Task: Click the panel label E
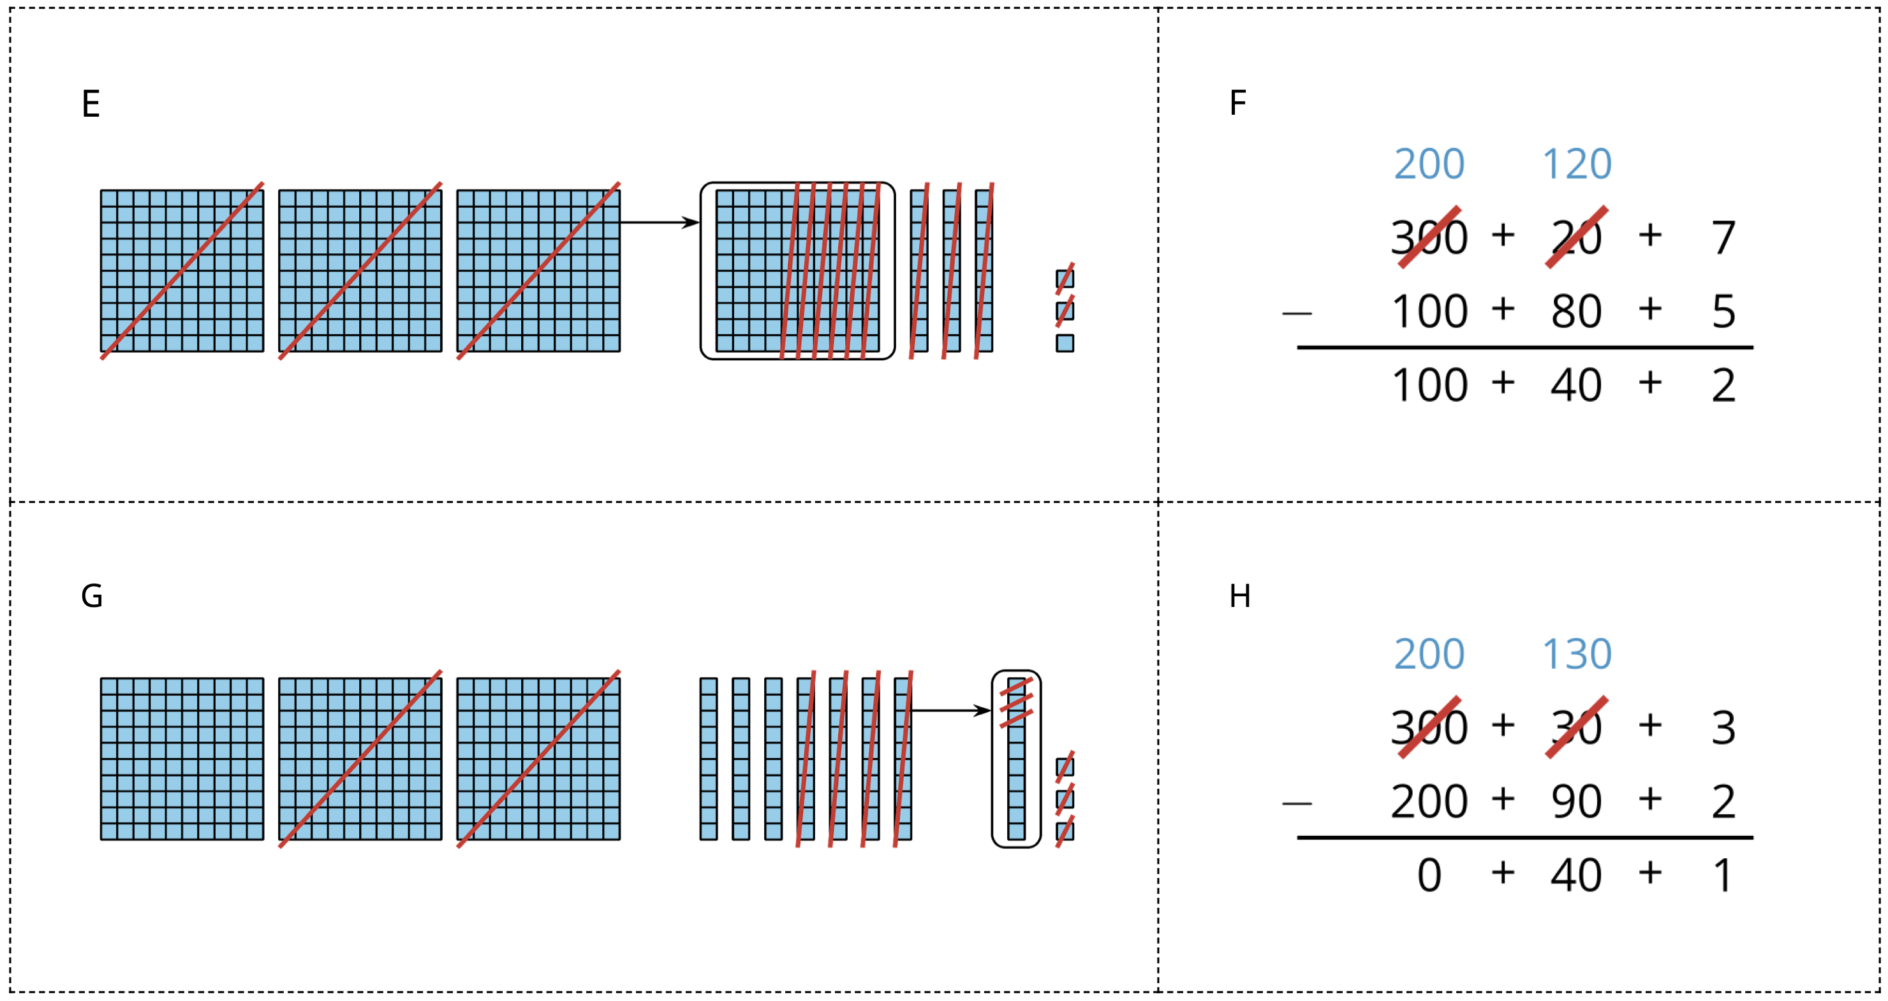(x=90, y=103)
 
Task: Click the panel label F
(x=1237, y=103)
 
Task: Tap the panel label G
(x=92, y=595)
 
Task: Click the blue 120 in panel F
(x=1577, y=163)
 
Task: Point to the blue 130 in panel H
(x=1577, y=654)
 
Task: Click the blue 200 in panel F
(x=1429, y=163)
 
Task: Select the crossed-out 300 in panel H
(x=1429, y=727)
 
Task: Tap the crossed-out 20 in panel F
(x=1577, y=237)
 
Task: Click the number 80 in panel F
(x=1577, y=311)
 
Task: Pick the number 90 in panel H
(x=1577, y=801)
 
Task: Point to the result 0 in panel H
(x=1429, y=875)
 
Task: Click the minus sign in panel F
(x=1297, y=314)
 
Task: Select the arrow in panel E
(x=659, y=222)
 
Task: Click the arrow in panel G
(x=950, y=710)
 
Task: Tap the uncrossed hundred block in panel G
(x=182, y=759)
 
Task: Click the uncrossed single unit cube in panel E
(x=1065, y=343)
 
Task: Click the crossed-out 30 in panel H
(x=1577, y=727)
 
